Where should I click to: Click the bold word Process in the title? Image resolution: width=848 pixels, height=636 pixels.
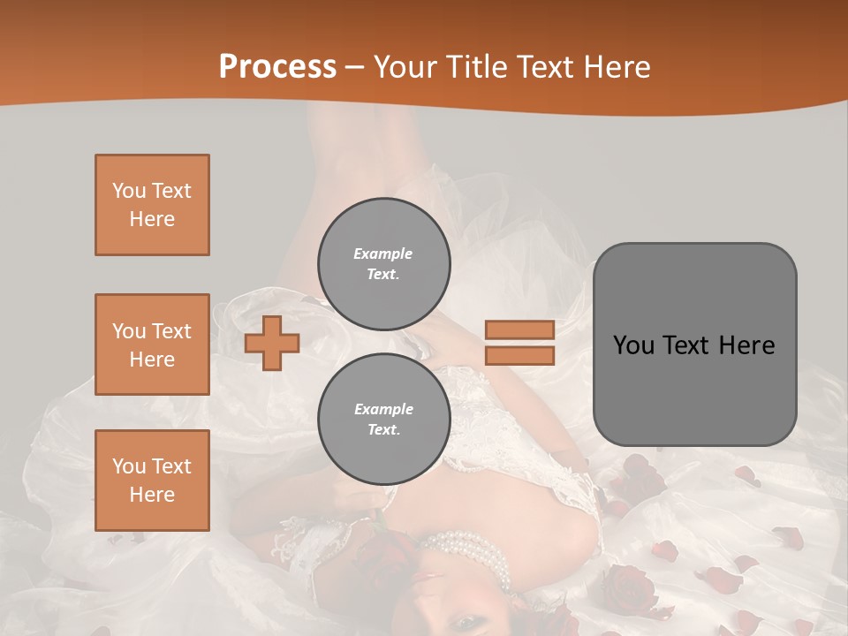[277, 67]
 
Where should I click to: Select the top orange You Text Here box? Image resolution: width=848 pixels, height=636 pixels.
[152, 205]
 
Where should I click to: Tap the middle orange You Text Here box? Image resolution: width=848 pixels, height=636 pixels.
[152, 344]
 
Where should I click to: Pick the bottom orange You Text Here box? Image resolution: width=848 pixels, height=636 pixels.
[152, 481]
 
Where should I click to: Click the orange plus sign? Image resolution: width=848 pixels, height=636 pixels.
[272, 343]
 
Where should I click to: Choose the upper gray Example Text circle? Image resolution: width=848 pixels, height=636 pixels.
[383, 264]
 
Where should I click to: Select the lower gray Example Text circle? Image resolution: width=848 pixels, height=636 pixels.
[383, 420]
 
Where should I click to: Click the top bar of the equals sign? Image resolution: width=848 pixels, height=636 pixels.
[519, 330]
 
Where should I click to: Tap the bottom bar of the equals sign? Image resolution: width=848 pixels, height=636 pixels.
[519, 356]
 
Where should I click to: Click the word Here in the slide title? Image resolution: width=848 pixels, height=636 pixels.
[617, 67]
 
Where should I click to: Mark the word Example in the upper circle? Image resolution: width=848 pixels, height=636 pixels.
[383, 254]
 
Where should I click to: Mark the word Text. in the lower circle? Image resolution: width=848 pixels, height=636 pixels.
[383, 430]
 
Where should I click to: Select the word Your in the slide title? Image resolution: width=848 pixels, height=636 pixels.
[405, 67]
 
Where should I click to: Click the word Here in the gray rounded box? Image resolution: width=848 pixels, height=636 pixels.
[747, 345]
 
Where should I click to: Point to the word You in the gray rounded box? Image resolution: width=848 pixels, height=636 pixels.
[633, 345]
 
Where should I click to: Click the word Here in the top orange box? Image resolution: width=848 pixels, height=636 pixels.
[152, 219]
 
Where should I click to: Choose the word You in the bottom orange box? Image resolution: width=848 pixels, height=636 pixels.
[129, 466]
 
